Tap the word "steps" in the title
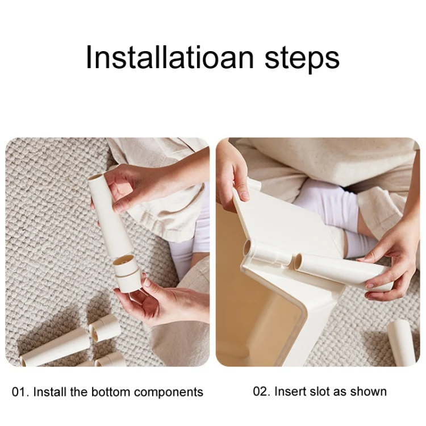(302, 59)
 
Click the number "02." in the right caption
(262, 391)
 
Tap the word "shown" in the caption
(368, 391)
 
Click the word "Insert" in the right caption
(290, 391)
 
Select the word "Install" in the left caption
(50, 392)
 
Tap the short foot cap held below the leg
(126, 274)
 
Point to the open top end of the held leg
(95, 178)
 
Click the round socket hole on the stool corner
(247, 248)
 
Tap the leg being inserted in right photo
(343, 272)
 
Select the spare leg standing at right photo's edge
(401, 343)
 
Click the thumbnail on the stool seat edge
(245, 195)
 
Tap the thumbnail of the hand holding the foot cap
(147, 282)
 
